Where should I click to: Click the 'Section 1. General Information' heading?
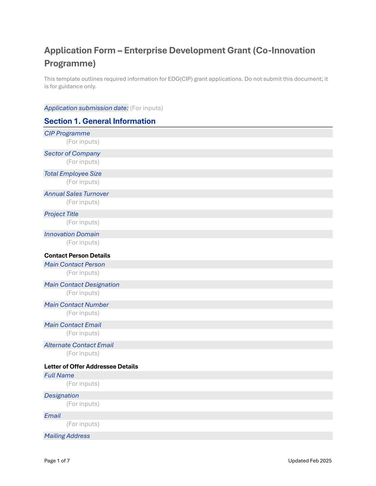tap(100, 121)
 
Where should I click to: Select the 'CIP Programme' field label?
tap(67, 133)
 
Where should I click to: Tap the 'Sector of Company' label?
tap(72, 153)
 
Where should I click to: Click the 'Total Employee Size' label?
tap(73, 174)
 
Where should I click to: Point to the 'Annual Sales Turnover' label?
tap(76, 194)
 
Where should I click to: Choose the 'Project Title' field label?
tap(61, 214)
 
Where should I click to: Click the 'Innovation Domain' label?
tap(71, 234)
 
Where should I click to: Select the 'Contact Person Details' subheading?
tap(77, 255)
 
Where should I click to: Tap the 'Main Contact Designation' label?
tap(82, 285)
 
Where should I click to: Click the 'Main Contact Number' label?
tap(76, 305)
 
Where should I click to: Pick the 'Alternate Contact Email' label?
tap(79, 345)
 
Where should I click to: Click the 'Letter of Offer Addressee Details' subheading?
tap(91, 366)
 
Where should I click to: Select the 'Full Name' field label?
tap(59, 375)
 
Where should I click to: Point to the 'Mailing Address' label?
tap(67, 436)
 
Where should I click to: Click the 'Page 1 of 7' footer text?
tap(57, 461)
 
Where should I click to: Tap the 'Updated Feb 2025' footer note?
tap(310, 461)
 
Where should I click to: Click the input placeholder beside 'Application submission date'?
tap(146, 108)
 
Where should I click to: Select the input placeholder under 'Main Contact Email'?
tap(83, 333)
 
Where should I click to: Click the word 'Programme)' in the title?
tap(70, 63)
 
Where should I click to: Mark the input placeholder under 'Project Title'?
tap(83, 222)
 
